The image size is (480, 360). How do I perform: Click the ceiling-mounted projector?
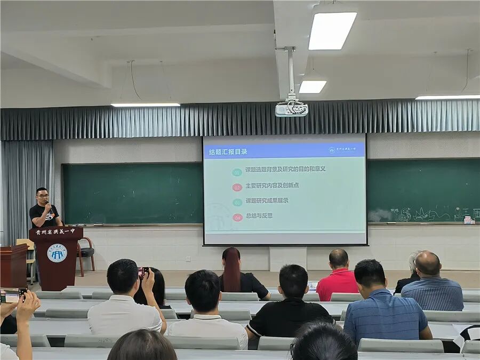pyautogui.click(x=291, y=109)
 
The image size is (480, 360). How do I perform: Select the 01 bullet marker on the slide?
pyautogui.click(x=237, y=172)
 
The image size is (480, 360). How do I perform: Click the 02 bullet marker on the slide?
pyautogui.click(x=237, y=187)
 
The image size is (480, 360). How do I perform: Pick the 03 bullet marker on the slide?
pyautogui.click(x=237, y=203)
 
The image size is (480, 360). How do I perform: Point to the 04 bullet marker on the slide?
pyautogui.click(x=237, y=218)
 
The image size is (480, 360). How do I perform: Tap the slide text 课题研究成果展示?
pyautogui.click(x=267, y=201)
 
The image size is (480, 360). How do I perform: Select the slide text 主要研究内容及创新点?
pyautogui.click(x=272, y=186)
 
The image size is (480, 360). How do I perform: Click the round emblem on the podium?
pyautogui.click(x=57, y=253)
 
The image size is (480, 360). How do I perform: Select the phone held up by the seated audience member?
pyautogui.click(x=143, y=272)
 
